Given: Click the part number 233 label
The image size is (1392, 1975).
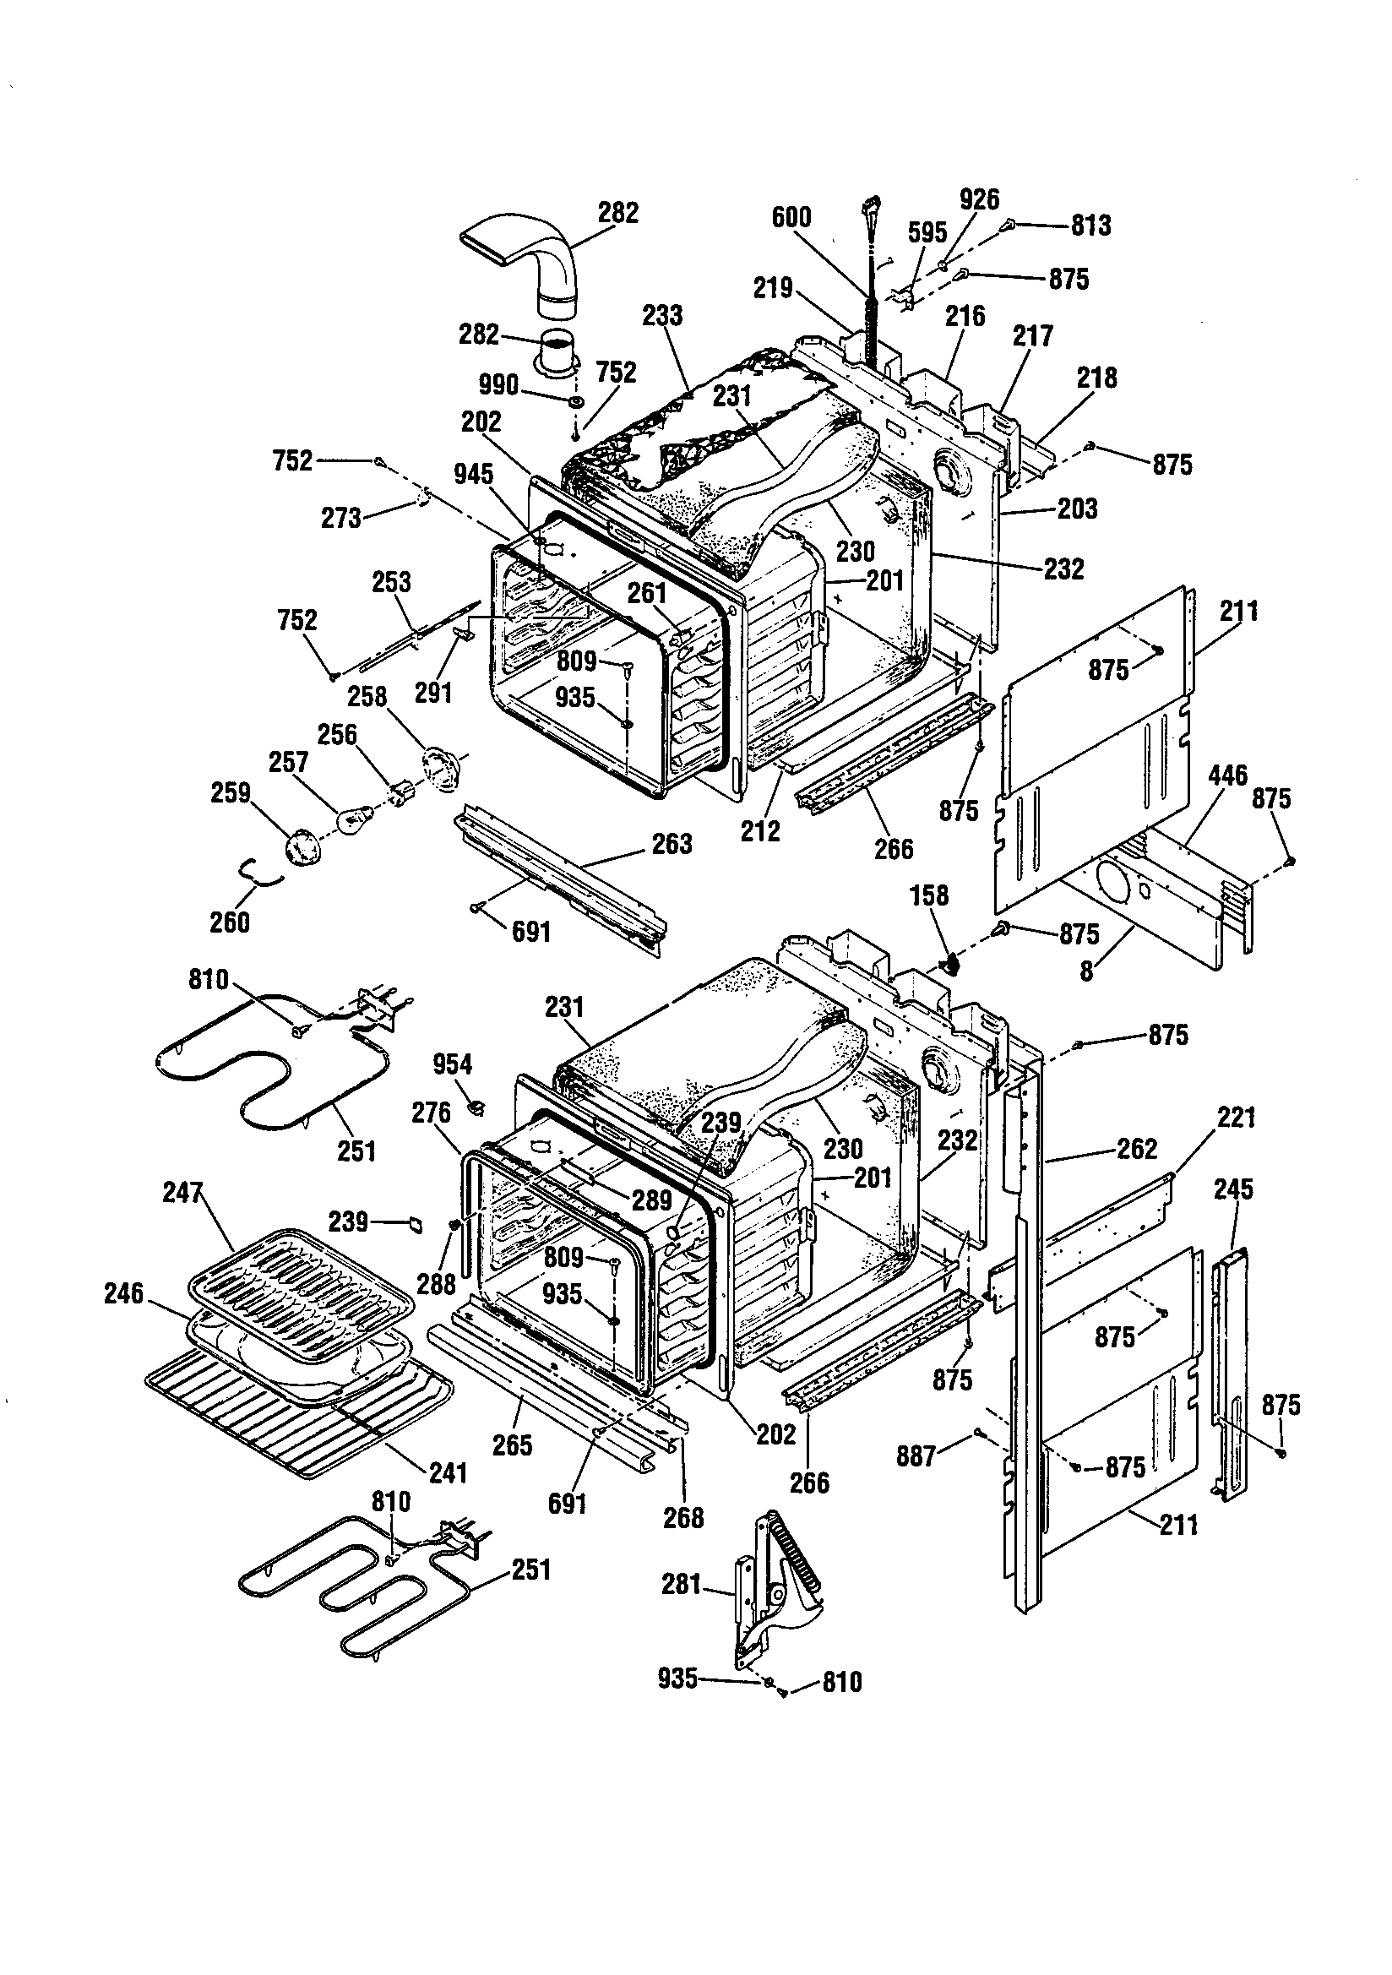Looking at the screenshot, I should pyautogui.click(x=662, y=316).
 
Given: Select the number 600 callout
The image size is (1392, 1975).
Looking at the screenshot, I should pyautogui.click(x=791, y=217).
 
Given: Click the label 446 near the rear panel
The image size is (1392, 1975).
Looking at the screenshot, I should pyautogui.click(x=1227, y=775).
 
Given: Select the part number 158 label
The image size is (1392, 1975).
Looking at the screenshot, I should pyautogui.click(x=929, y=895).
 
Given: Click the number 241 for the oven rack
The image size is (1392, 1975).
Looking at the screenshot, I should pyautogui.click(x=448, y=1472).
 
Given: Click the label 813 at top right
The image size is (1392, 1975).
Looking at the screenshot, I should pyautogui.click(x=1091, y=226).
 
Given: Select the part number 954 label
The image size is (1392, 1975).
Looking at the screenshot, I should pyautogui.click(x=453, y=1064).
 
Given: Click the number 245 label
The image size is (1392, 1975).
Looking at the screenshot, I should pyautogui.click(x=1234, y=1189).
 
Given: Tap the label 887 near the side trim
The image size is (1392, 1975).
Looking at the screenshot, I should pyautogui.click(x=916, y=1455).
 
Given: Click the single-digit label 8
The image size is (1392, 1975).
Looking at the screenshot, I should pyautogui.click(x=1086, y=971).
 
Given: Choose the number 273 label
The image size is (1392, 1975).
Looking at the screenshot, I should pyautogui.click(x=340, y=518).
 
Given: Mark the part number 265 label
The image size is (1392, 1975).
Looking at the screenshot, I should pyautogui.click(x=513, y=1445).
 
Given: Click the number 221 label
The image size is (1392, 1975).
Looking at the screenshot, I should pyautogui.click(x=1237, y=1118).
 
